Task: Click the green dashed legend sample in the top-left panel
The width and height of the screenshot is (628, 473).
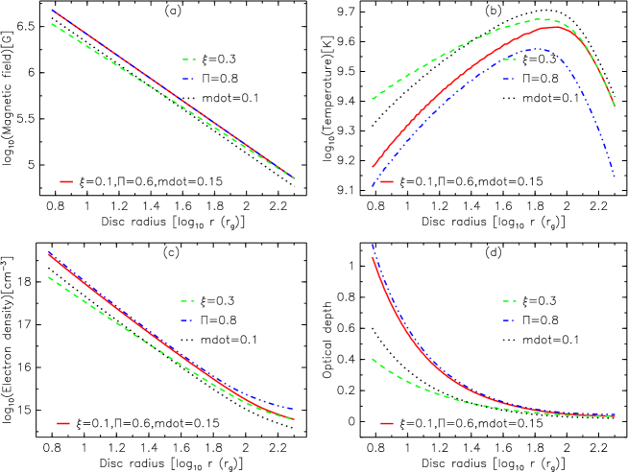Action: pyautogui.click(x=188, y=59)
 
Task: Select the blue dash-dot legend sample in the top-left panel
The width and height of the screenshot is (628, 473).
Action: pyautogui.click(x=188, y=79)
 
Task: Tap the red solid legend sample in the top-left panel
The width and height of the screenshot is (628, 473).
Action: pyautogui.click(x=66, y=181)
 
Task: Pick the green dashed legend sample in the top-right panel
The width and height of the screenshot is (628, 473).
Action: pyautogui.click(x=508, y=59)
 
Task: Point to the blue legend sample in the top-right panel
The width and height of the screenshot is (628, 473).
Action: pyautogui.click(x=508, y=79)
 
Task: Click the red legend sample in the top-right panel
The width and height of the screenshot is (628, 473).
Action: pyautogui.click(x=386, y=181)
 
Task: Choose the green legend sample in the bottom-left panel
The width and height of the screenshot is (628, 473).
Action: pyautogui.click(x=187, y=301)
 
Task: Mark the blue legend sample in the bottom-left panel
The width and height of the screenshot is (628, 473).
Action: pyautogui.click(x=187, y=320)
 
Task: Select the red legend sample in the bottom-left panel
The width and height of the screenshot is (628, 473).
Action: pyautogui.click(x=64, y=423)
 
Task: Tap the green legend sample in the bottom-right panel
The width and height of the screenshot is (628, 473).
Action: pyautogui.click(x=508, y=301)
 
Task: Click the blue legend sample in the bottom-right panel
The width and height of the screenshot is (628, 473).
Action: pyautogui.click(x=508, y=320)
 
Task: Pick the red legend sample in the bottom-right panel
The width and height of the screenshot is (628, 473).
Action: pyautogui.click(x=386, y=423)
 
